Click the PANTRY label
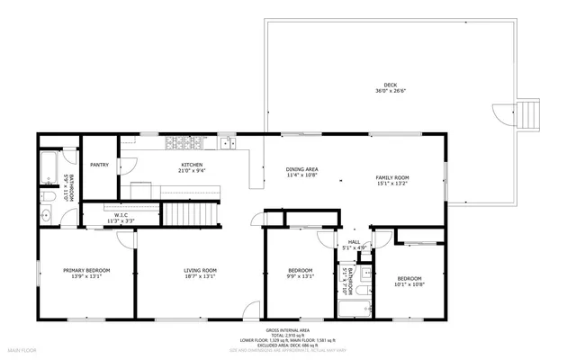point(99,165)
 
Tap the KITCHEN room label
point(192,165)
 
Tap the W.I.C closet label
point(121,214)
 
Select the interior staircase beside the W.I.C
point(190,215)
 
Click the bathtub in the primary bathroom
point(49,167)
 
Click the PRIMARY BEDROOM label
point(86,271)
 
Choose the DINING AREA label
point(301,169)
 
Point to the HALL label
point(354,241)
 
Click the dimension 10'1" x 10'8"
point(409,284)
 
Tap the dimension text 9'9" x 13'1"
point(300,276)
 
